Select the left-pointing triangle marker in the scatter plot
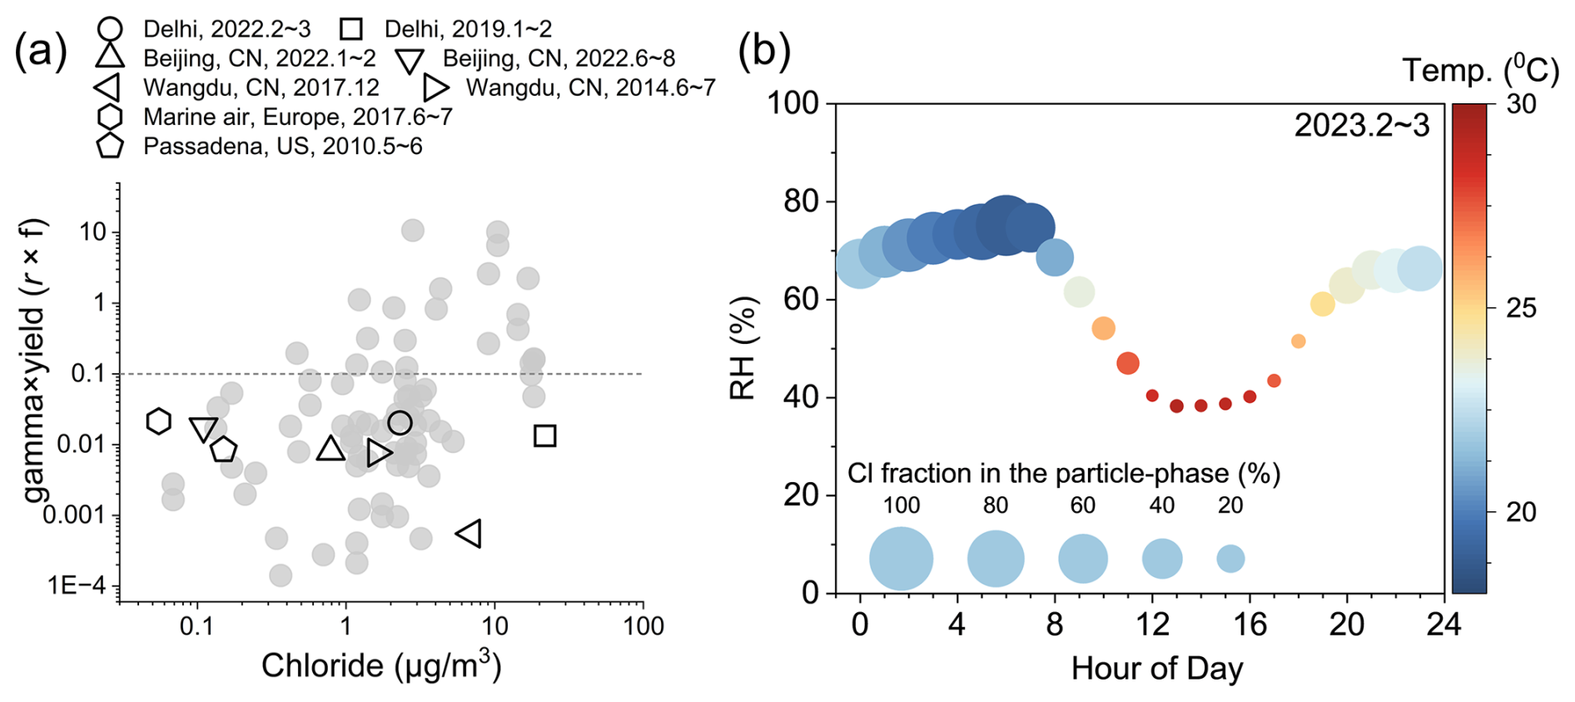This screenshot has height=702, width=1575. pyautogui.click(x=469, y=533)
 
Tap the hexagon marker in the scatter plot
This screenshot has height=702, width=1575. pyautogui.click(x=159, y=421)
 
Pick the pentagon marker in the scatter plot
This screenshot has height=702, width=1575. pyautogui.click(x=223, y=449)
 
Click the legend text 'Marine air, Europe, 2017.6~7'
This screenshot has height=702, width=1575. pyautogui.click(x=298, y=117)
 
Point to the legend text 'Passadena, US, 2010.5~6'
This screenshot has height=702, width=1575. pyautogui.click(x=283, y=147)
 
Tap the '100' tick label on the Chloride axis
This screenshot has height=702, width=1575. pyautogui.click(x=643, y=626)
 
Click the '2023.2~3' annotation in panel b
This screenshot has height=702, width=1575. pyautogui.click(x=1362, y=126)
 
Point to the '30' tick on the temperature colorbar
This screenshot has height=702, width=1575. pyautogui.click(x=1521, y=104)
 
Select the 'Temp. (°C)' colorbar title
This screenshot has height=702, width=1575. pyautogui.click(x=1480, y=70)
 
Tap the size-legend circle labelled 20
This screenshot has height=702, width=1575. pyautogui.click(x=1230, y=559)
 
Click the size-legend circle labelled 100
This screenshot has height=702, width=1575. pyautogui.click(x=902, y=559)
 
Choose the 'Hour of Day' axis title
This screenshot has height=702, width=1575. pyautogui.click(x=1157, y=668)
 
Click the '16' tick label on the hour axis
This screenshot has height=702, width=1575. pyautogui.click(x=1250, y=624)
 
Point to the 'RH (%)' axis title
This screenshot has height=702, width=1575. pyautogui.click(x=743, y=348)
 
